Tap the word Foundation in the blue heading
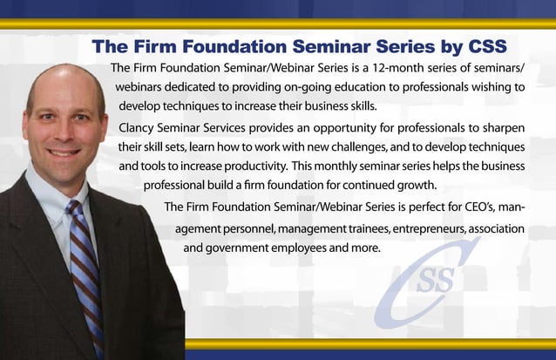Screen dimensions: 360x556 pos(228,45)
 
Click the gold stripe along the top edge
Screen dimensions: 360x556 pos(278,24)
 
